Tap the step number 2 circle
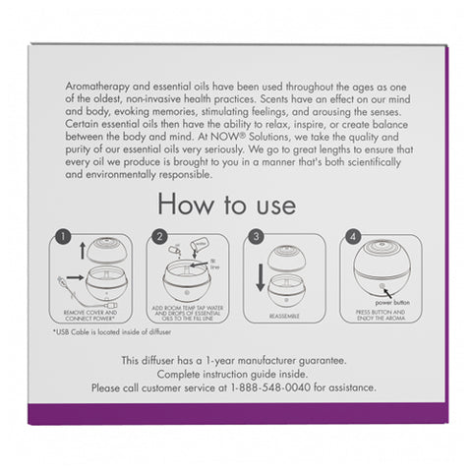pos(157,237)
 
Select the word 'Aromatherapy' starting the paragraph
pos(84,87)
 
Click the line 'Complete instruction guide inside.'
pos(235,374)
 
